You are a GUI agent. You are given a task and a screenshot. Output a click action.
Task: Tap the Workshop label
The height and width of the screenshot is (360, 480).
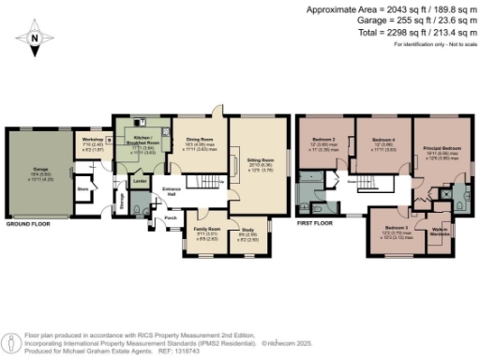92,139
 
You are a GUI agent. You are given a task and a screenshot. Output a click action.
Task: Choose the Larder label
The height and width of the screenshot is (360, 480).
137,180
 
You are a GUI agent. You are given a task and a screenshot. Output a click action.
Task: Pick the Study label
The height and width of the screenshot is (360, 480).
248,229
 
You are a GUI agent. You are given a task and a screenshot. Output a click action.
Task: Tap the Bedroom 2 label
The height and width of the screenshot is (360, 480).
323,139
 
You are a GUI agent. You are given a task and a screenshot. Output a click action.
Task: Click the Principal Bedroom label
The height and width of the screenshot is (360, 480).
441,148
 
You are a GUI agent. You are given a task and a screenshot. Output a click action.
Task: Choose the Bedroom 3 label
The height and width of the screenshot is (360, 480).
397,227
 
